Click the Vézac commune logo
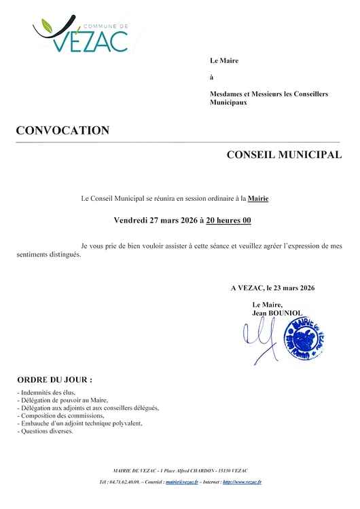point(82,33)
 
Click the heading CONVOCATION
point(62,131)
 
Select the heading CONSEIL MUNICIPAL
point(283,155)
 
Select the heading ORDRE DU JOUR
point(54,379)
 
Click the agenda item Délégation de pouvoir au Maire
point(62,400)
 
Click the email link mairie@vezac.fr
point(181,482)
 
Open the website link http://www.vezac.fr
point(242,482)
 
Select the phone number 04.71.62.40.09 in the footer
point(124,482)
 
